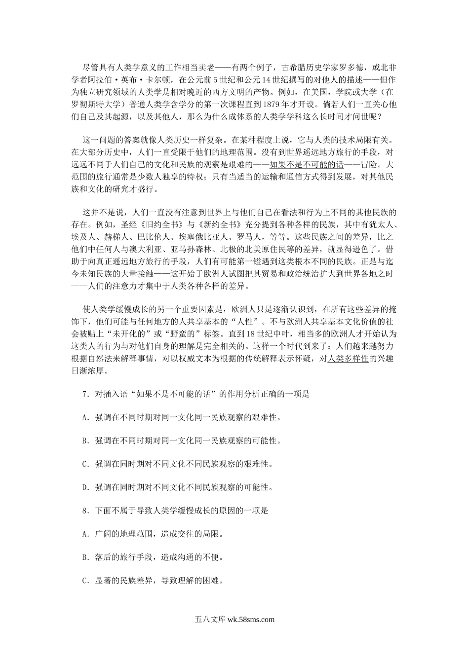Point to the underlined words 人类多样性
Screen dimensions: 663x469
348,359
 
